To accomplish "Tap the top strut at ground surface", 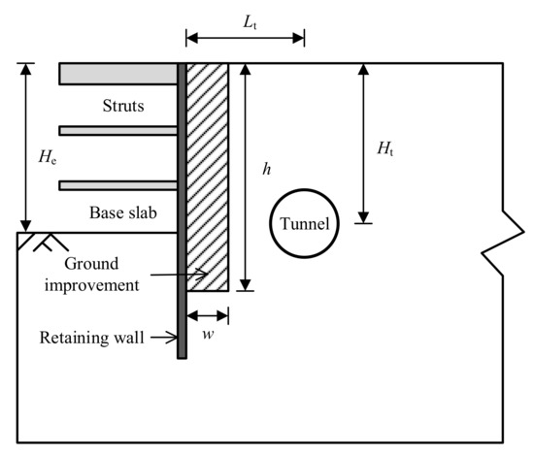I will [x=117, y=74].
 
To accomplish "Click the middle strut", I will [x=117, y=130].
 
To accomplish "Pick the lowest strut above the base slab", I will [x=117, y=185].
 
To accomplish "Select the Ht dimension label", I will [x=386, y=148].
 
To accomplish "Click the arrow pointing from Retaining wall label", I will [x=160, y=339].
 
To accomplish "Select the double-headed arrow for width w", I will [x=208, y=314].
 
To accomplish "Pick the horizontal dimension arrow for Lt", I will [x=245, y=39].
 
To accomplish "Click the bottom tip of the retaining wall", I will [x=182, y=357].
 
